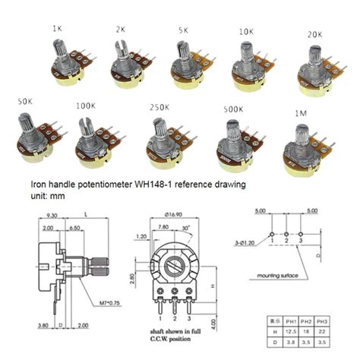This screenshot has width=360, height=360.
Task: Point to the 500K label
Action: tap(233, 109)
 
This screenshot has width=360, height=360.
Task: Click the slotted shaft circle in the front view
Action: tap(177, 268)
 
